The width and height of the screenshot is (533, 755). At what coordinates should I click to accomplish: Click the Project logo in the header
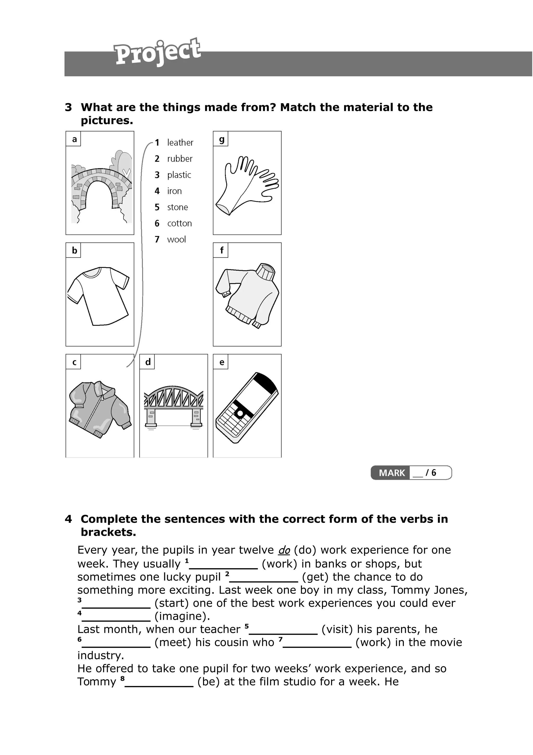157,52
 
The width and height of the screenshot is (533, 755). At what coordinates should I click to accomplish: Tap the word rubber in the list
180,159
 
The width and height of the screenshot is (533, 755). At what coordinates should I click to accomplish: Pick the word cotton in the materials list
179,224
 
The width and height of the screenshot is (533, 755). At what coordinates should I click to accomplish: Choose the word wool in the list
176,240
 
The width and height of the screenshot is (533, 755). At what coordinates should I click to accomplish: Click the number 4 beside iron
157,191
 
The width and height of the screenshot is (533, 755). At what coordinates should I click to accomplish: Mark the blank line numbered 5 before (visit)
283,630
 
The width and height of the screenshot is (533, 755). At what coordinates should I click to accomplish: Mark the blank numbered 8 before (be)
159,682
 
